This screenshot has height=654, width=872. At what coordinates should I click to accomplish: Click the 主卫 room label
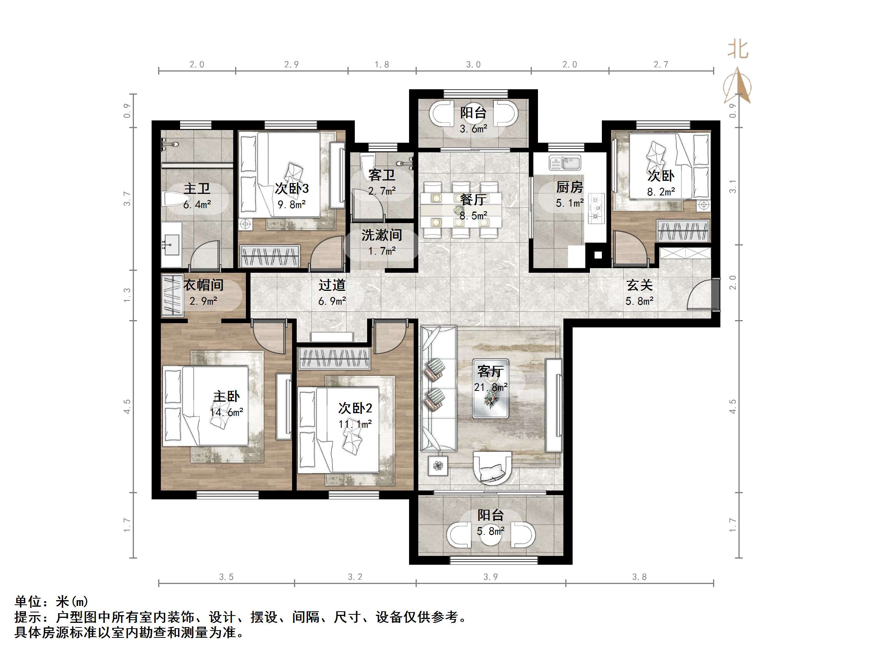[197, 189]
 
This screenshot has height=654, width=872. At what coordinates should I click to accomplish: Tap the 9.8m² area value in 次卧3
[292, 205]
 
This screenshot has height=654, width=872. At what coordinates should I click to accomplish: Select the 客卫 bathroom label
[382, 175]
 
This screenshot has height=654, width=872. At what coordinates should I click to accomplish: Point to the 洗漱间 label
[382, 235]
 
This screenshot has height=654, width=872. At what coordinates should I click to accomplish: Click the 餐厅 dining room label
[473, 200]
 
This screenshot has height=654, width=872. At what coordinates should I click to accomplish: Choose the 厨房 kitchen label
[569, 187]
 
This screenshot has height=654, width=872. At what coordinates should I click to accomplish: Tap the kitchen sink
[565, 163]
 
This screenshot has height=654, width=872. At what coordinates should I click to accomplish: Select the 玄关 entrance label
[640, 285]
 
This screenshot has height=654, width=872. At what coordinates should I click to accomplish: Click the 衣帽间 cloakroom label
[204, 285]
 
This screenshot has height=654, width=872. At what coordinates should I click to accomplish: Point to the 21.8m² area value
[491, 387]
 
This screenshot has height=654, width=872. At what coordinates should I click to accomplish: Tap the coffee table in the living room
[490, 388]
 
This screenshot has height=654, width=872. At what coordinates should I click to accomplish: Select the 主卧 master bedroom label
[226, 396]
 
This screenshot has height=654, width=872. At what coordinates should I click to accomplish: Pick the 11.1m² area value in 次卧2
[355, 424]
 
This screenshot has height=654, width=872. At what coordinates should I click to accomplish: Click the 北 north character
[738, 50]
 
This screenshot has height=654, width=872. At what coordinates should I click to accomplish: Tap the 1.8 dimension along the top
[382, 64]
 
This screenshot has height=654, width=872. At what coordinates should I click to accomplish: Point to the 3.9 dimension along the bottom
[490, 577]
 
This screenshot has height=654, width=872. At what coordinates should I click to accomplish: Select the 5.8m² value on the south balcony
[490, 531]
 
